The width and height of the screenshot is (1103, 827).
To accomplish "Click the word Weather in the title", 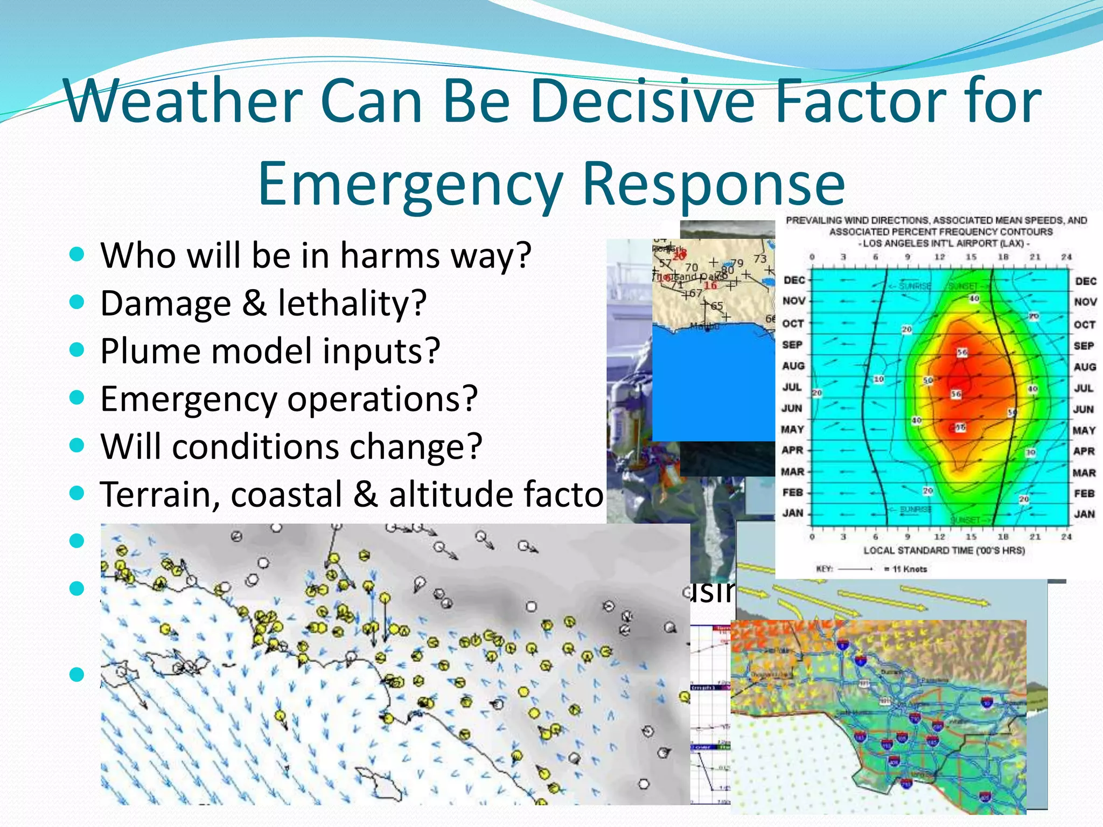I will (183, 101).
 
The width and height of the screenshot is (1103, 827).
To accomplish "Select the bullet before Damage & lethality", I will (78, 302).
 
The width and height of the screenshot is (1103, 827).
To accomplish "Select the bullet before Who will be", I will (78, 254).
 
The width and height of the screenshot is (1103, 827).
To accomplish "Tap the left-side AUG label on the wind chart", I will (793, 366).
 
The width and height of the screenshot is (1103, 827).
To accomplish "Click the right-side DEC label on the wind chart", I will (1085, 281).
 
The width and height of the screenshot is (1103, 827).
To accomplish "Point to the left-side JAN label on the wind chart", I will (793, 513).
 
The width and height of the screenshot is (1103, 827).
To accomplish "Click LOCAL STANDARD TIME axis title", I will (944, 550).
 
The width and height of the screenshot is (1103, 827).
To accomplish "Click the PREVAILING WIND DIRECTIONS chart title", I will (936, 220).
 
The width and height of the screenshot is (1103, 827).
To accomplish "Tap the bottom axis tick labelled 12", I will (939, 537).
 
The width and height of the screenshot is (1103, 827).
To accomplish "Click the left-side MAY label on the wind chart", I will (793, 430).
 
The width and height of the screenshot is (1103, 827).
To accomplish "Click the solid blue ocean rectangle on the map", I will (714, 385).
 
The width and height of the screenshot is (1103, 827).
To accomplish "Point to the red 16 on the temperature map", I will (711, 285).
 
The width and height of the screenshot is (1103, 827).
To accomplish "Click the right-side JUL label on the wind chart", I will (1084, 388).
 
